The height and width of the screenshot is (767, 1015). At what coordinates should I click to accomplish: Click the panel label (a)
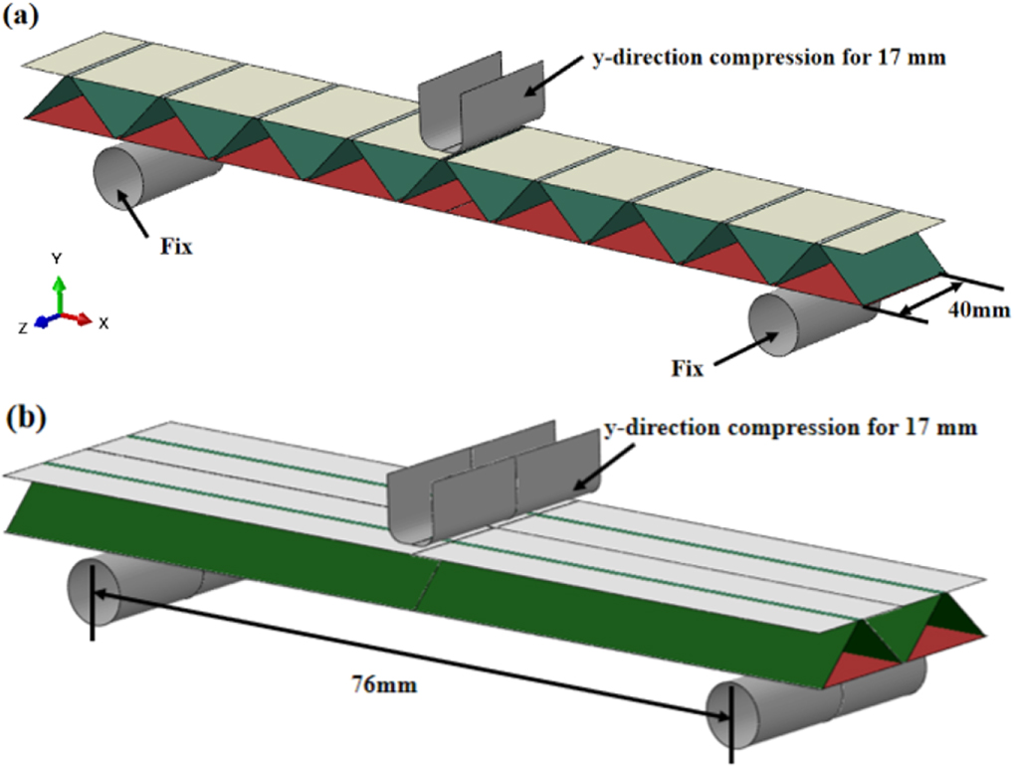(23, 18)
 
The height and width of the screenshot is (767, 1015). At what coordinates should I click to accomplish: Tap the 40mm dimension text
(980, 310)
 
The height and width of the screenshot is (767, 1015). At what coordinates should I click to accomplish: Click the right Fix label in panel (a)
(687, 368)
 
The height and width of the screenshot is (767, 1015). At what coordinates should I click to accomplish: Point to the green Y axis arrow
(59, 293)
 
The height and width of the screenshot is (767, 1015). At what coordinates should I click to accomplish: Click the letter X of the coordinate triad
(103, 323)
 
